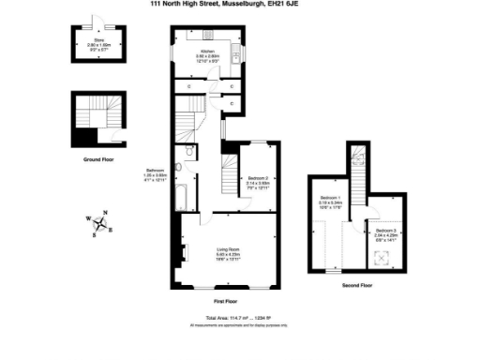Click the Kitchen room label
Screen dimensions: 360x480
tap(207, 52)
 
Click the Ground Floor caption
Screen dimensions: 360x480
tap(98, 158)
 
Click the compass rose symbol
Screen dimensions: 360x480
tap(101, 222)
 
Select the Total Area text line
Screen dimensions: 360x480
tap(231, 319)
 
